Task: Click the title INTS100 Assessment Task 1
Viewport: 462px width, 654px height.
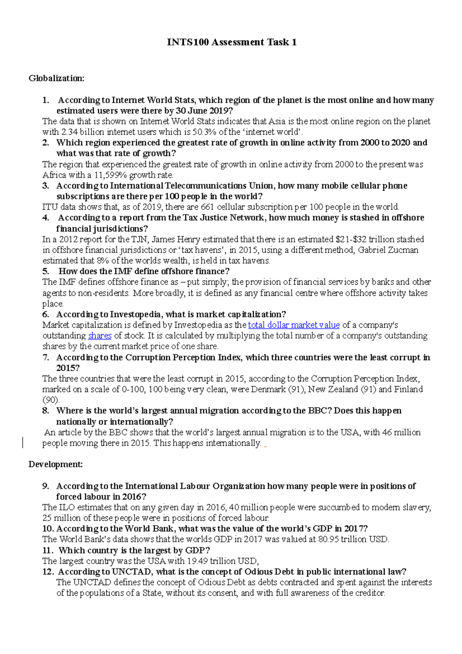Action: coord(231,42)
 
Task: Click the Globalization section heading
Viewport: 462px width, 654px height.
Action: coord(56,79)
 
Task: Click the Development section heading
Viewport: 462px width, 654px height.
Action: coord(55,465)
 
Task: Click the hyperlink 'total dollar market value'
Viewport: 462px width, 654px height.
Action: coord(294,325)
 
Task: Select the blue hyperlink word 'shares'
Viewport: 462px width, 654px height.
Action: coord(100,336)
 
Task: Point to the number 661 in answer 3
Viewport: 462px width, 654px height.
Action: coord(208,207)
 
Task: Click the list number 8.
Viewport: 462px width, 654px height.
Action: coord(46,411)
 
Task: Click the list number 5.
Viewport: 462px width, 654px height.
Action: coord(46,272)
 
